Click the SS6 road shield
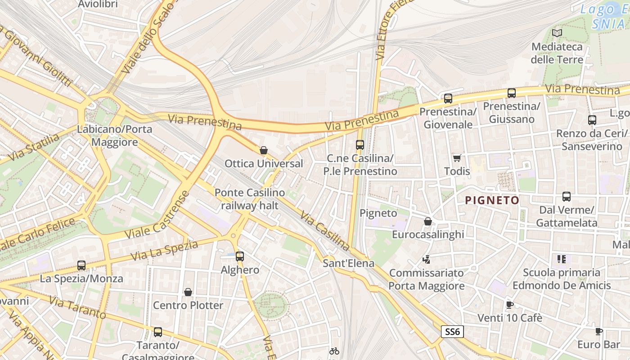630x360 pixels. tap(452, 332)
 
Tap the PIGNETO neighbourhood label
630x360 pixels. tap(492, 200)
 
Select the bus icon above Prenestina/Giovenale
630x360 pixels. tap(448, 99)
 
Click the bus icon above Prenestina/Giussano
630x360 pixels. tap(512, 93)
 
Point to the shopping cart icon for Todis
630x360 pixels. tap(457, 158)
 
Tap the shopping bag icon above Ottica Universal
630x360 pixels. tap(264, 150)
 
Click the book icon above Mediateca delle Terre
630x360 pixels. tap(557, 33)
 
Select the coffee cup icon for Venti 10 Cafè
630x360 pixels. tap(509, 305)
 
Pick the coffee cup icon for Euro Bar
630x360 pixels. tap(598, 332)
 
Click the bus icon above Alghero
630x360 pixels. tap(240, 256)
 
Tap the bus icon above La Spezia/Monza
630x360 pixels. tap(81, 265)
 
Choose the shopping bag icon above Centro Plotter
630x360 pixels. tap(188, 292)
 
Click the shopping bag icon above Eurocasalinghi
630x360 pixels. tap(427, 221)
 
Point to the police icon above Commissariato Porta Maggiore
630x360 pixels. tap(426, 259)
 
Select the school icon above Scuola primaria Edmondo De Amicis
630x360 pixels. tap(562, 259)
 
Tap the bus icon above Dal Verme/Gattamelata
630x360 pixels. tap(567, 197)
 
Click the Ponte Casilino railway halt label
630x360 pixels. tap(249, 199)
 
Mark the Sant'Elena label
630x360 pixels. tap(348, 263)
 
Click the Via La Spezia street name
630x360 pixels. tap(164, 251)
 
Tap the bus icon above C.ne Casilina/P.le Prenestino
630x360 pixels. tap(360, 145)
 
